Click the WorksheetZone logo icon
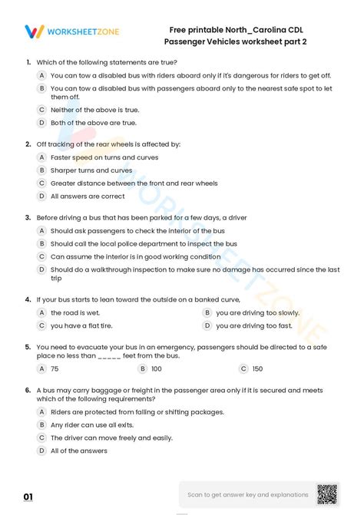[35, 32]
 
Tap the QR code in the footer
[328, 494]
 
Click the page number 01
[28, 498]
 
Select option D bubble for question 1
[42, 122]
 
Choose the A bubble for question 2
[42, 157]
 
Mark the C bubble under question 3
[42, 256]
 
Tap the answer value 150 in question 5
[257, 368]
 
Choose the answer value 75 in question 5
[55, 368]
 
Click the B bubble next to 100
[142, 368]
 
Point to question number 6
[28, 390]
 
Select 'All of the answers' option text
[78, 451]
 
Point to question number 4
[28, 299]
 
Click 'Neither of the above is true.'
[94, 110]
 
